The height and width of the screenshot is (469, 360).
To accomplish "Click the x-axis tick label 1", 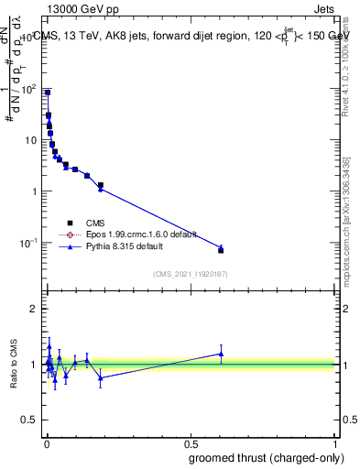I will click(335, 442).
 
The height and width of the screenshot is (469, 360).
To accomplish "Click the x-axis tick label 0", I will click(46, 442).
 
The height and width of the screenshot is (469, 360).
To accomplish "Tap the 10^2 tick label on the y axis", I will click(29, 89).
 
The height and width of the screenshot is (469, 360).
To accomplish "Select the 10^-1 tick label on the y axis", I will click(29, 243).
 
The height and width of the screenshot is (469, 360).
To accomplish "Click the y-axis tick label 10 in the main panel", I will click(31, 140).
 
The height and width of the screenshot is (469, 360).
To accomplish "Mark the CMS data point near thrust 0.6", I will click(221, 250).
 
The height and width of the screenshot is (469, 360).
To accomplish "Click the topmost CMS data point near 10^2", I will click(48, 93).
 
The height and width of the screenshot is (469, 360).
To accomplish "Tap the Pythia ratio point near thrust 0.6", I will click(221, 354).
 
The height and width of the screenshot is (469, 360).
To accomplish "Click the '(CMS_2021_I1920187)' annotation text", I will click(190, 273).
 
